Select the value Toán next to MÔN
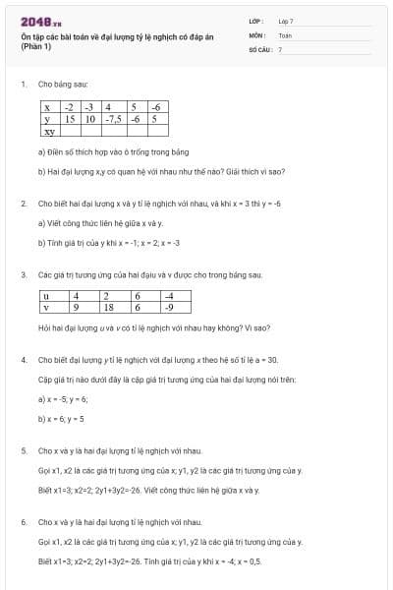[285, 34]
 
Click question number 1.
[23, 86]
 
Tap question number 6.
[23, 521]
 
